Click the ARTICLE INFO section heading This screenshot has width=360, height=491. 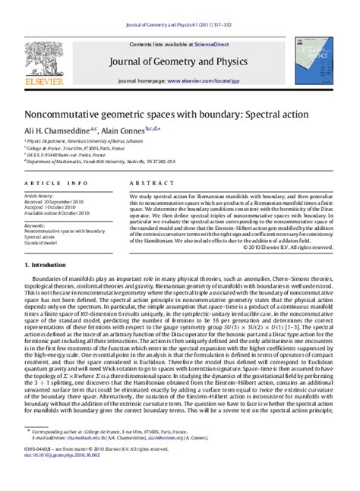point(49,184)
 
